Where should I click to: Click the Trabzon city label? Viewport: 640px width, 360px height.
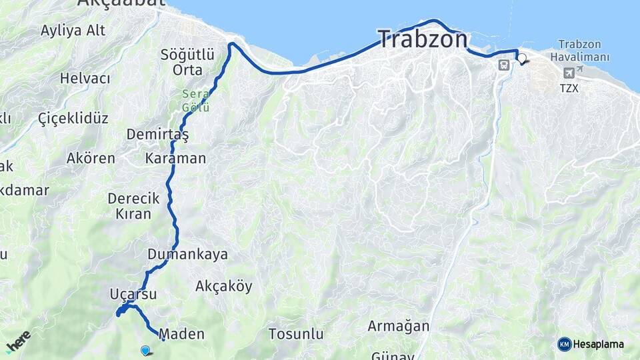pos(423,39)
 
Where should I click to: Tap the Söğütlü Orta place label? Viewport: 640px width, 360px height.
pos(187,62)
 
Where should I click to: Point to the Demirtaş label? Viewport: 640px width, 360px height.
pos(158,134)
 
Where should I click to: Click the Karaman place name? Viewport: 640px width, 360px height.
pos(176,159)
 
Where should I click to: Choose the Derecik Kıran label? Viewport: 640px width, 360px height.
pos(134,206)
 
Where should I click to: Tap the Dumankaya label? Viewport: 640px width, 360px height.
pos(188,254)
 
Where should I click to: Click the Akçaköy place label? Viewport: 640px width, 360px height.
pos(224,287)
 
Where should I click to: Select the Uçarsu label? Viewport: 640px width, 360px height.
pos(133,294)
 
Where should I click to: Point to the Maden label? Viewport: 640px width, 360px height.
pos(182,334)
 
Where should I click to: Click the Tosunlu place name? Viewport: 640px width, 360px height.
pos(296,334)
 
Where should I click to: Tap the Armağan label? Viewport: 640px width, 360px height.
pos(399,327)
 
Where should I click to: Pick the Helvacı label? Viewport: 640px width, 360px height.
pos(85,78)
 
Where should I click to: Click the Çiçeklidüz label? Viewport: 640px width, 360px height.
pos(73,119)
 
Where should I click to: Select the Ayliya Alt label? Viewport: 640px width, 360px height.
pos(73,30)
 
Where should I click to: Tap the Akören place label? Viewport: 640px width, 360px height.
pos(91,159)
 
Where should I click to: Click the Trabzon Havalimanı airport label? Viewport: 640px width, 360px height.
pos(584,50)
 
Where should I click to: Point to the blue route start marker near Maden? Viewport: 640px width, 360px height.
pos(145,349)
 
